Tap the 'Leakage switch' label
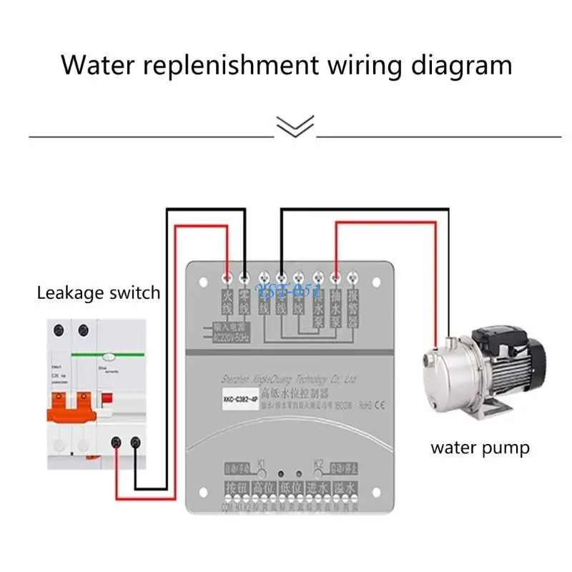coord(99,292)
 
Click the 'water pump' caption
coord(480,448)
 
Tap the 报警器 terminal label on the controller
coord(352,307)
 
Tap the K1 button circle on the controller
coord(262,473)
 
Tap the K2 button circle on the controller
coord(318,473)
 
